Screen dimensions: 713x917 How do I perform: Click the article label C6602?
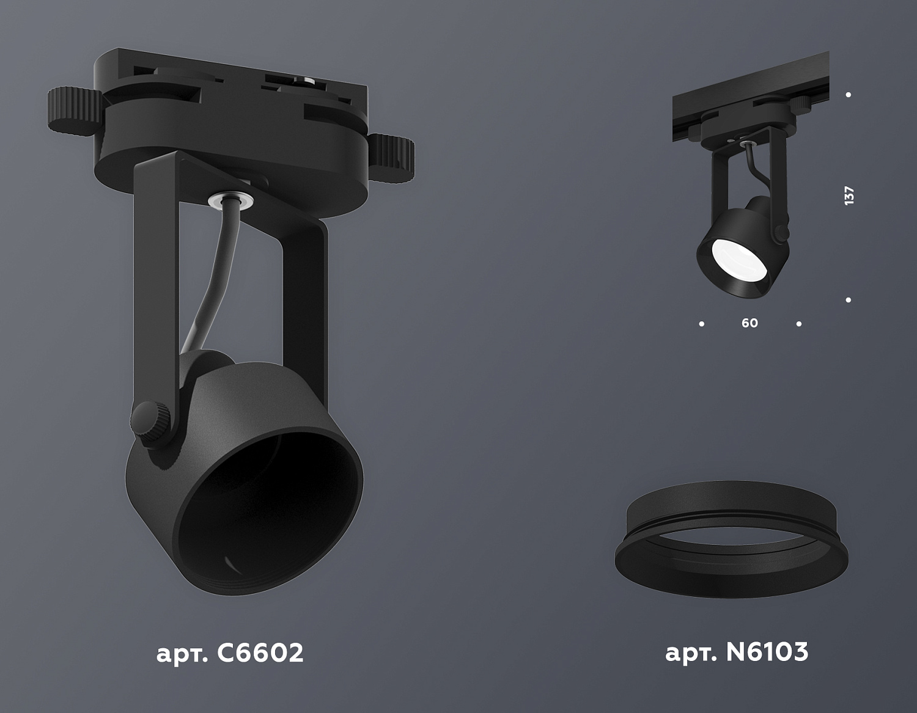(230, 653)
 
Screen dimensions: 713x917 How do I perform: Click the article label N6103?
(736, 653)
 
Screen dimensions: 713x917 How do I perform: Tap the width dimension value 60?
(749, 323)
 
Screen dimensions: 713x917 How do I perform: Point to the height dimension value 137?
(849, 196)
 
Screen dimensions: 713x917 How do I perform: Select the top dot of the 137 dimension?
(849, 95)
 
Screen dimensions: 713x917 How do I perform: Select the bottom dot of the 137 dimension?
(849, 300)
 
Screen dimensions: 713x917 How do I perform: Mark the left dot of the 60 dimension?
(701, 324)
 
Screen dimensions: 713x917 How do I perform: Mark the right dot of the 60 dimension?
(799, 324)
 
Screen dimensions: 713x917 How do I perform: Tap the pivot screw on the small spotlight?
(781, 232)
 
